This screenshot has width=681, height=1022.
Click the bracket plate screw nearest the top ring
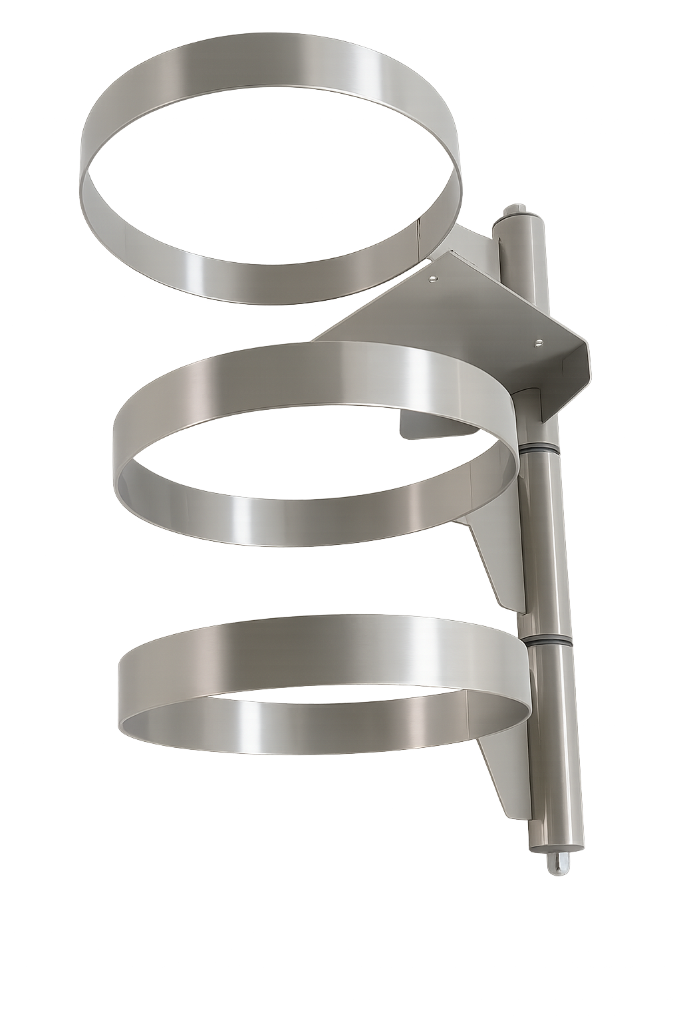434,278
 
